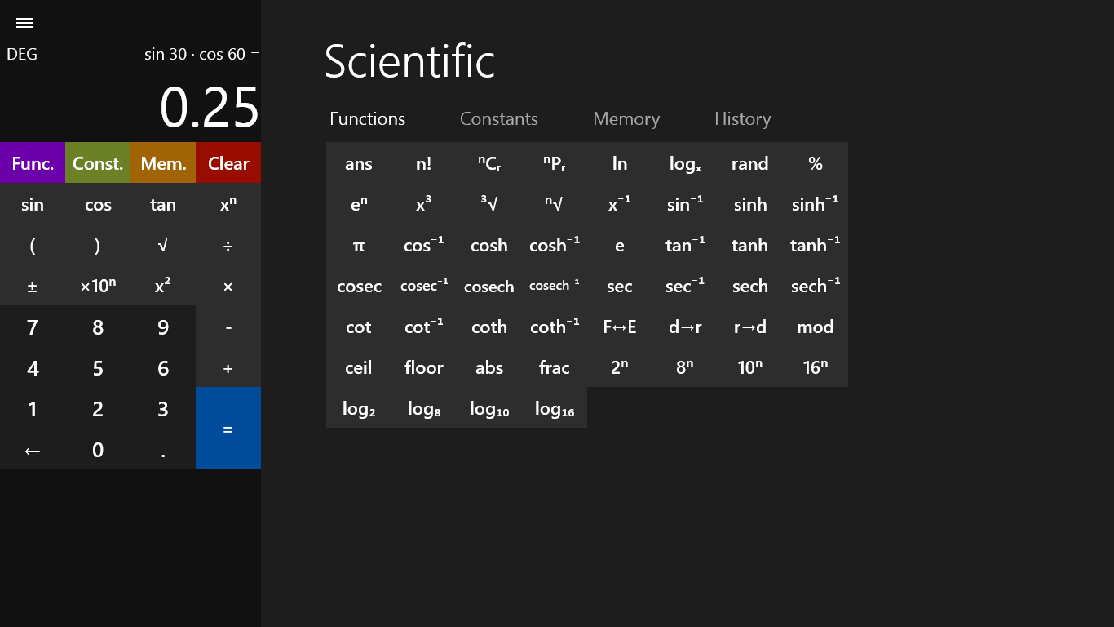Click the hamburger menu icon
point(24,23)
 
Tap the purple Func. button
point(33,163)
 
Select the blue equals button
point(228,429)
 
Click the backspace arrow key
point(33,450)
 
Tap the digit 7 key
point(33,327)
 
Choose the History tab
point(742,119)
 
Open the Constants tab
point(498,119)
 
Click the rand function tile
point(749,163)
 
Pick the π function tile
point(359,245)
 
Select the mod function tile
point(815,327)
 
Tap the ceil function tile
point(359,367)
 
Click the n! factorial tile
point(424,163)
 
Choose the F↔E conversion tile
point(620,327)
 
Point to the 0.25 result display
point(210,108)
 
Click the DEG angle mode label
point(22,55)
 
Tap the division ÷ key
point(228,246)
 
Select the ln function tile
point(620,163)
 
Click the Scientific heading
point(409,61)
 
